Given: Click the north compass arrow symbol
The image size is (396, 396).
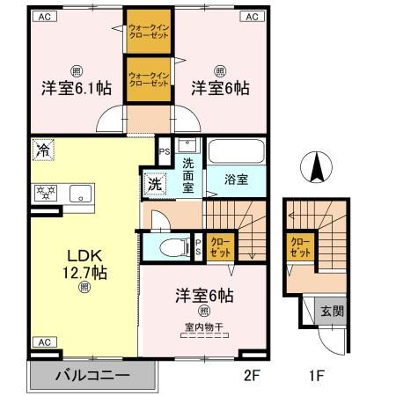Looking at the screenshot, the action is pos(316,167).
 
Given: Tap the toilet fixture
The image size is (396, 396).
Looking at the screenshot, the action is pos(175,246).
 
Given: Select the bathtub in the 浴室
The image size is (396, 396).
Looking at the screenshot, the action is pos(237,151).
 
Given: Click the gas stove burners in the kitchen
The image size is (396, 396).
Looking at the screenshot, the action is pos(46,193).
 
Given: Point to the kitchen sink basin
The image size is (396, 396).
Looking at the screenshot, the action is pos(80,194).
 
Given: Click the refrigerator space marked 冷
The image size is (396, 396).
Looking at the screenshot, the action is pos(43,150).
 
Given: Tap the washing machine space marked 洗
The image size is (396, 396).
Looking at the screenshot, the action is pos(155,184).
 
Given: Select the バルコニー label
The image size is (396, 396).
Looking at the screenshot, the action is pos(92,376).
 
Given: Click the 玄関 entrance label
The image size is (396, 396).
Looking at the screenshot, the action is pos(332,311).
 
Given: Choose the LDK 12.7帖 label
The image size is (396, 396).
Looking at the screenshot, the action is pos(84,264).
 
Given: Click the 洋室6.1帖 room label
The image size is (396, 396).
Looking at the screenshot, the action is pos(77,88).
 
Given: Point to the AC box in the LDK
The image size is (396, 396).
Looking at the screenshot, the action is pos(45,342).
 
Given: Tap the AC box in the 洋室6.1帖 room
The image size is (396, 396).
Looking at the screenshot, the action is pos(45,17).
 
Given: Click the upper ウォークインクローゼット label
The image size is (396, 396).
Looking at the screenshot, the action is pos(149,32).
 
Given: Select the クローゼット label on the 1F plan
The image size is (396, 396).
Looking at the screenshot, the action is pos(300,247).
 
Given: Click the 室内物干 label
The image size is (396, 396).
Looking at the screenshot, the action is pos(204,326).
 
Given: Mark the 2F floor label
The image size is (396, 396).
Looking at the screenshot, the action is pos(252,375).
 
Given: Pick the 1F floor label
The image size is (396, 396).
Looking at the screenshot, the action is pos(317,375).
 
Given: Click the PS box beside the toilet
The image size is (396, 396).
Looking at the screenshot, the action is pos(198,247).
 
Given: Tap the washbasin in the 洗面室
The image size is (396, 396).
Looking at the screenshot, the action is pos(187,145).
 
